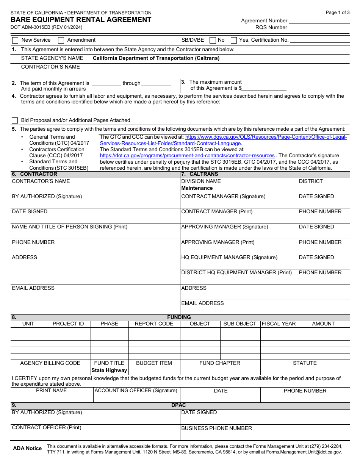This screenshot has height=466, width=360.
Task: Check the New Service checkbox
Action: pyautogui.click(x=15, y=40)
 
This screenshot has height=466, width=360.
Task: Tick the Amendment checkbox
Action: pyautogui.click(x=61, y=40)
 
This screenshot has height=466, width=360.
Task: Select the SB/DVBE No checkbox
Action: pyautogui.click(x=213, y=40)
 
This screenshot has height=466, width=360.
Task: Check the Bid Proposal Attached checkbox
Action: pyautogui.click(x=15, y=120)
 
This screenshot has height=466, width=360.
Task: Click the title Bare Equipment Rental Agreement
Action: pyautogui.click(x=81, y=20)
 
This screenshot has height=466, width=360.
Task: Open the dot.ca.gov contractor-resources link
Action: pyautogui.click(x=187, y=156)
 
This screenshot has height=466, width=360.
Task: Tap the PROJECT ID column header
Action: pyautogui.click(x=68, y=324)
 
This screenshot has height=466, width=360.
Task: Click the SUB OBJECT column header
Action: pyautogui.click(x=240, y=324)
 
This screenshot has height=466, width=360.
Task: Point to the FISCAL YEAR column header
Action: pyautogui.click(x=279, y=324)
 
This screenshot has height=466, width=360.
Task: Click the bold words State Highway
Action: pyautogui.click(x=109, y=371)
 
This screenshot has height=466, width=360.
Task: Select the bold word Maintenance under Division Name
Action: pyautogui.click(x=197, y=188)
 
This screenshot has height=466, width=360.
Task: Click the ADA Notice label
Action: pyautogui.click(x=27, y=449)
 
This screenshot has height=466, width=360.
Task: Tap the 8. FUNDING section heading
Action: pyautogui.click(x=179, y=317)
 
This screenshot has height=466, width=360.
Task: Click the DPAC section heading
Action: pyautogui.click(x=178, y=405)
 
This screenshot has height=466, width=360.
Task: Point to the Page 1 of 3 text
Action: pyautogui.click(x=338, y=13)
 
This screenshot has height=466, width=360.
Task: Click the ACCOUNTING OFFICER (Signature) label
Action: pyautogui.click(x=136, y=391)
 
